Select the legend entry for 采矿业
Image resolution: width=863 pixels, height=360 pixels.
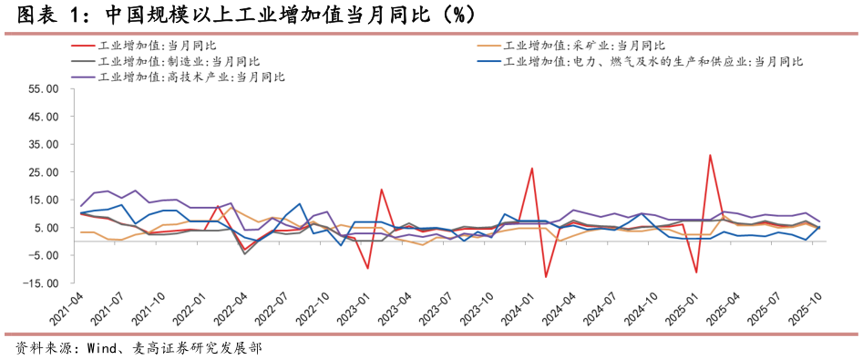584,45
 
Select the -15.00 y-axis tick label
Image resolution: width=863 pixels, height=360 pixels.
41,283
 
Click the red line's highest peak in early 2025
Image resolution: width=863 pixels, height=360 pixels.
710,155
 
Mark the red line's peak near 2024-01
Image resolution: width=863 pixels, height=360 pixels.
531,169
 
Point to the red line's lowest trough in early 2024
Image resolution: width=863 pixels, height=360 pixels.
545,277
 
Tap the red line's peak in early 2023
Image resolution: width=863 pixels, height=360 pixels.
381,190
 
